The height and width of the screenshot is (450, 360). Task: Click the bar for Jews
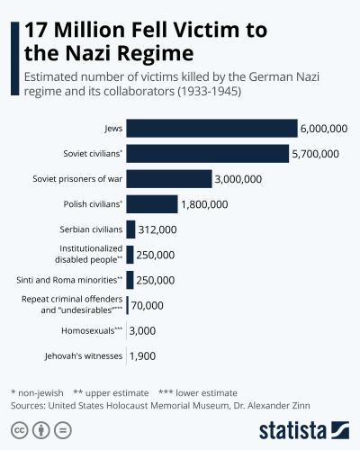pos(211,129)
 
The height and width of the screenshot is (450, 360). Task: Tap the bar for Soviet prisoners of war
pos(168,179)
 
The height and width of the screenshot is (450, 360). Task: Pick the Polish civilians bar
pos(152,204)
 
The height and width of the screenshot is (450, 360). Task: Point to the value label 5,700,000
pos(316,154)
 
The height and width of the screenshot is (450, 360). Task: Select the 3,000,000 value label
pos(238,179)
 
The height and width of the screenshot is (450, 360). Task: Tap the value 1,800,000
pos(205,204)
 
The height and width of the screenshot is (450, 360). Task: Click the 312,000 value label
pos(157,229)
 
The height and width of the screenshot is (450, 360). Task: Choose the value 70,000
pos(147,306)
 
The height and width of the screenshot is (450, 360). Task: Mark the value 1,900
pos(143,356)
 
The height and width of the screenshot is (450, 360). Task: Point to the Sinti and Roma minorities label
pos(69,280)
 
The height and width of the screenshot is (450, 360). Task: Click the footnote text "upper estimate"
pos(118,392)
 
